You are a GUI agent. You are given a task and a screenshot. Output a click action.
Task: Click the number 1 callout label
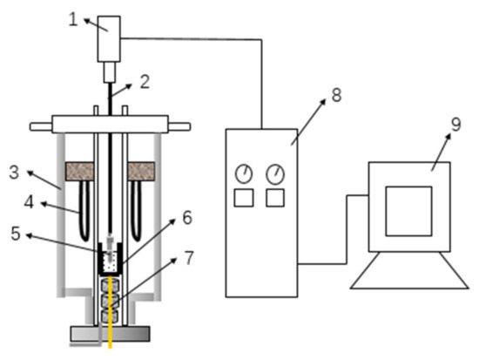tap(73, 20)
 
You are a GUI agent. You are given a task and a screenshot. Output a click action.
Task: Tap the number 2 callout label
tap(145, 82)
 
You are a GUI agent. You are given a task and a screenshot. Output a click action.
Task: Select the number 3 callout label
tap(14, 173)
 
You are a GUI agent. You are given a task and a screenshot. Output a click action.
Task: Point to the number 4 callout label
tap(29, 202)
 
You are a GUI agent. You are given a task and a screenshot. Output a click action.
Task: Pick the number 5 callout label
tap(16, 234)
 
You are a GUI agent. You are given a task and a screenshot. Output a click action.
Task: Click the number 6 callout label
tap(187, 218)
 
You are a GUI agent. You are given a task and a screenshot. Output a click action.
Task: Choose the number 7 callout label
tap(189, 258)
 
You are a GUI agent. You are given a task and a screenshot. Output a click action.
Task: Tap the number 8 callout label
tap(336, 95)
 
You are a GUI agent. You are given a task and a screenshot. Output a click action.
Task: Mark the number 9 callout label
tap(455, 125)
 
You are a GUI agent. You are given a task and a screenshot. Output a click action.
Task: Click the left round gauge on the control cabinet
tap(244, 174)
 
